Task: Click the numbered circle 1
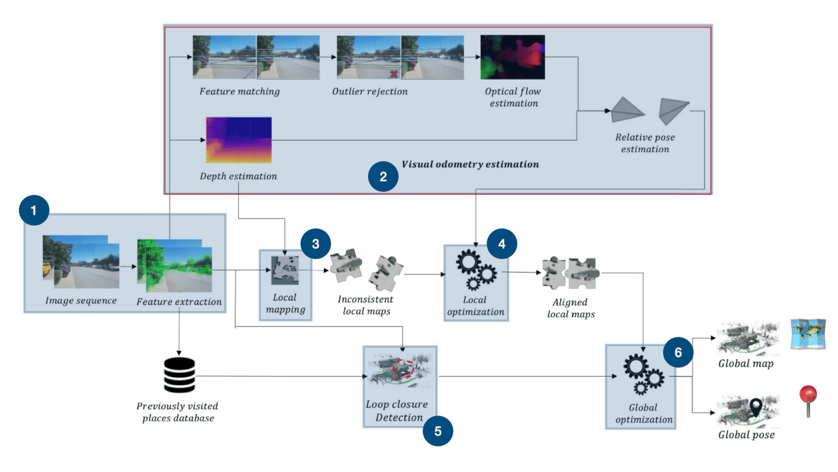[34, 210]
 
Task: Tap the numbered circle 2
[383, 177]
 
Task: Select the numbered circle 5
[438, 431]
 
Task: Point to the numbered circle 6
[678, 352]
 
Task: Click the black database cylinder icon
[179, 375]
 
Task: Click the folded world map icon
[808, 334]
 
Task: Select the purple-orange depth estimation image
[239, 140]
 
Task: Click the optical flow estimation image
[512, 57]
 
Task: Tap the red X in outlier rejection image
[393, 74]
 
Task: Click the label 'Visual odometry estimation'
[470, 164]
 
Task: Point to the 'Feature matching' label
[239, 91]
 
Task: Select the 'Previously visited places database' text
[178, 412]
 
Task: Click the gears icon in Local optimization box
[476, 270]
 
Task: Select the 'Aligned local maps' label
[571, 308]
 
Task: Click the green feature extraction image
[175, 265]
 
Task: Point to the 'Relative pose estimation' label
[645, 143]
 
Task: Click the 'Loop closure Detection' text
[397, 411]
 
